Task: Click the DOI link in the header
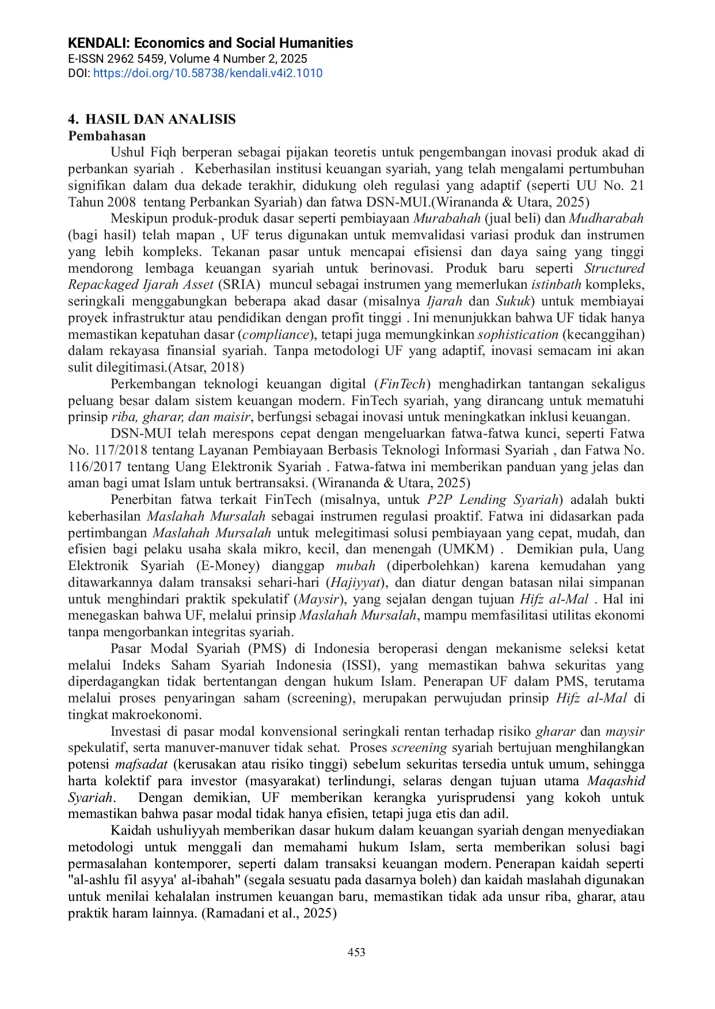point(207,73)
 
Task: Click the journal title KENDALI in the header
point(210,43)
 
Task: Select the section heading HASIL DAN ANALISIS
point(160,119)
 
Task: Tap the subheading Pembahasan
point(107,136)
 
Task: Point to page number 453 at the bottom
point(356,952)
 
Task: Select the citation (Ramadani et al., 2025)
point(269,913)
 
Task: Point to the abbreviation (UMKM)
point(466,549)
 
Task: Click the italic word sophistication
point(518,334)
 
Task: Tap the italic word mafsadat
point(141,764)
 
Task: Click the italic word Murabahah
point(447,218)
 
